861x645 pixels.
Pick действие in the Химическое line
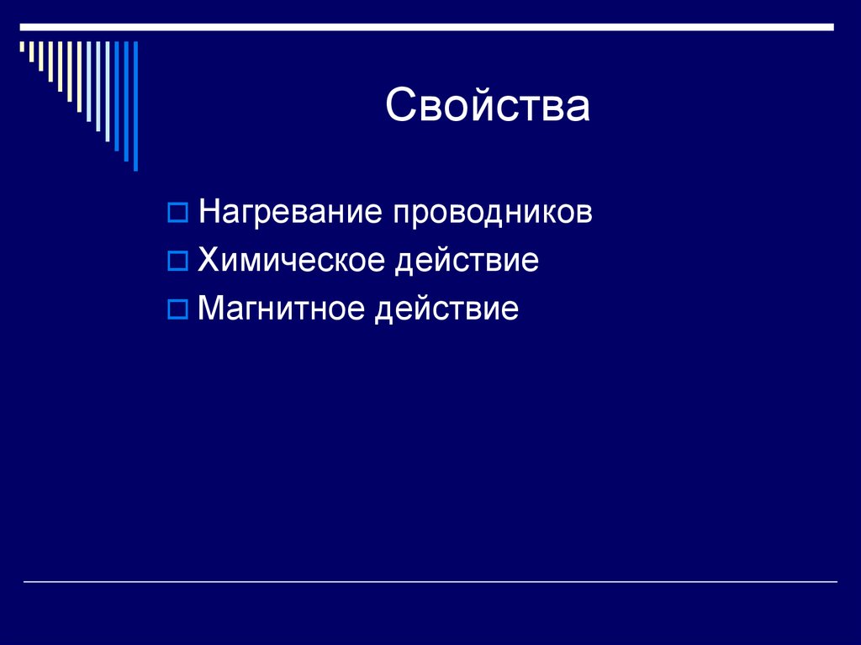(467, 262)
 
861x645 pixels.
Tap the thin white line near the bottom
(430, 582)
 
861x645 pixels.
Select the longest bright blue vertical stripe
(135, 105)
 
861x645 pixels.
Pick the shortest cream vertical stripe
(23, 48)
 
